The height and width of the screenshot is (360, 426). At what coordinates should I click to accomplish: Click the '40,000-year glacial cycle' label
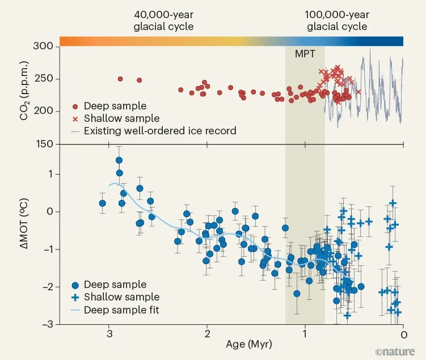point(163,20)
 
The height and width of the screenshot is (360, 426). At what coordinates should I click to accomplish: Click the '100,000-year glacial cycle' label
point(337,20)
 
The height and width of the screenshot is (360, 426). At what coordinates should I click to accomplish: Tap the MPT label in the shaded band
point(304,54)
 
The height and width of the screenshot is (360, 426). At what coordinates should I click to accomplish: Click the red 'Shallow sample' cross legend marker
point(75,119)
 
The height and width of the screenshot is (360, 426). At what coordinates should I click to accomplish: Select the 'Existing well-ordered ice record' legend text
point(159,131)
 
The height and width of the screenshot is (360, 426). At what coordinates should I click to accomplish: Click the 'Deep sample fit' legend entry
point(121,310)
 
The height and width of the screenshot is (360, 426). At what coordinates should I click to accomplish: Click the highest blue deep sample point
point(119,160)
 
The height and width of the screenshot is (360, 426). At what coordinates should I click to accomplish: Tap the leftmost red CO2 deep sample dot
point(120,79)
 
